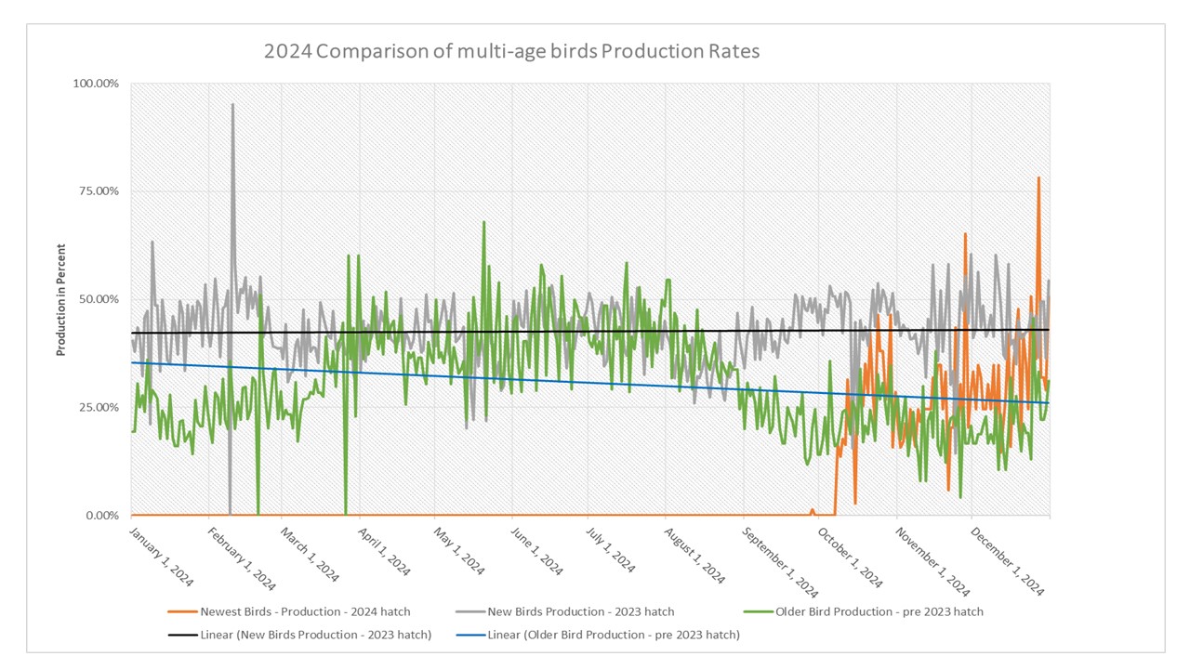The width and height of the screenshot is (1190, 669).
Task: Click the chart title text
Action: tap(511, 51)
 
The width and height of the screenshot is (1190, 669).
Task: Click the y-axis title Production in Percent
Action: tap(61, 299)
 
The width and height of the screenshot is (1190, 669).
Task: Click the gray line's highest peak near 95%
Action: tap(232, 105)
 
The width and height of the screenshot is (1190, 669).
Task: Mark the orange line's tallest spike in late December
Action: tap(1038, 177)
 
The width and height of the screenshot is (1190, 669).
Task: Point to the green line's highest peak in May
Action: tap(483, 223)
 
